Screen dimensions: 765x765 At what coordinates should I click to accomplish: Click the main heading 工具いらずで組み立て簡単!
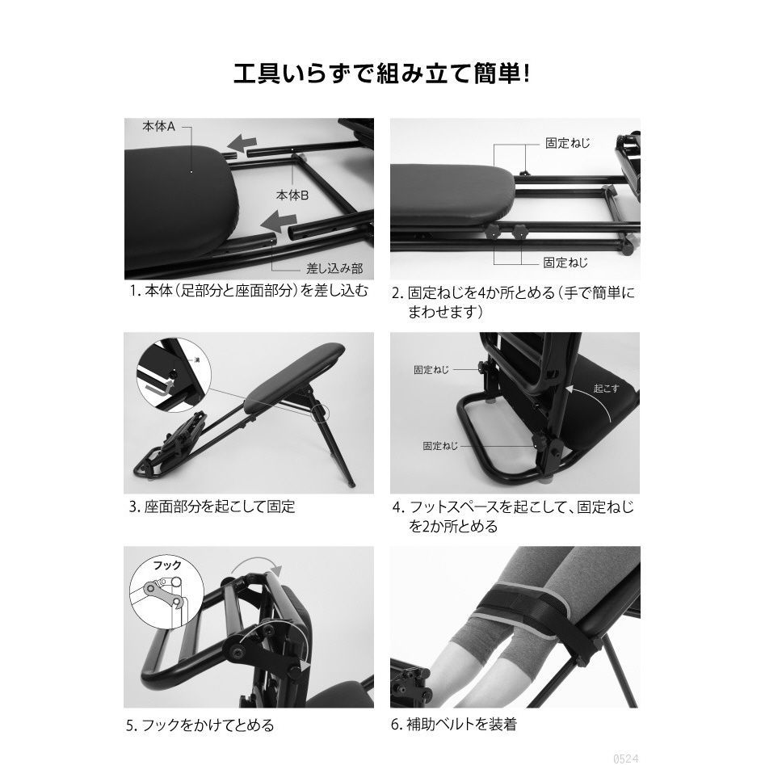pos(381,74)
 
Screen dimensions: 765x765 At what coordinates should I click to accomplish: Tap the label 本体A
pos(158,127)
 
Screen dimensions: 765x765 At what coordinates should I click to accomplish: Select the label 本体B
pos(292,195)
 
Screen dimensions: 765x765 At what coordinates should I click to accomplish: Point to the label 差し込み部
pos(334,268)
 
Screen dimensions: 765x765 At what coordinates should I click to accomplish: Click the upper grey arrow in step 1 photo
pos(242,144)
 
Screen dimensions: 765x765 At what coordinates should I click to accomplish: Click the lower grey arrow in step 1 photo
pos(278,222)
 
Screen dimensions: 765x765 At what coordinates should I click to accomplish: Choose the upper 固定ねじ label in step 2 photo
pos(567,143)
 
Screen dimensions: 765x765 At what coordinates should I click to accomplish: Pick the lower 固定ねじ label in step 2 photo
pos(565,263)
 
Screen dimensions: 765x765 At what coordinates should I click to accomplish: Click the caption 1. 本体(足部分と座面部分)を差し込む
pos(249,292)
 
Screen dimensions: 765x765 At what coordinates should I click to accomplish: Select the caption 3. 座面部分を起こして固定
pos(212,506)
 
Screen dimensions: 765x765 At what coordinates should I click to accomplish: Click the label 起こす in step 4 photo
pos(607,389)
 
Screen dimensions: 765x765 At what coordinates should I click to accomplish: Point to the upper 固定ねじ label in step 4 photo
pos(431,370)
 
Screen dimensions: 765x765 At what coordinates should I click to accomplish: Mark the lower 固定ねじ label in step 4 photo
pos(440,445)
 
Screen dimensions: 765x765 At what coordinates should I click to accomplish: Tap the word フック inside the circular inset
pos(167,565)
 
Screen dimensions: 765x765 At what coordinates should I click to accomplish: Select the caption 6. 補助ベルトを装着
pos(454,724)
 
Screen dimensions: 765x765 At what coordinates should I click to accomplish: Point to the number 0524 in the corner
pos(625,759)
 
